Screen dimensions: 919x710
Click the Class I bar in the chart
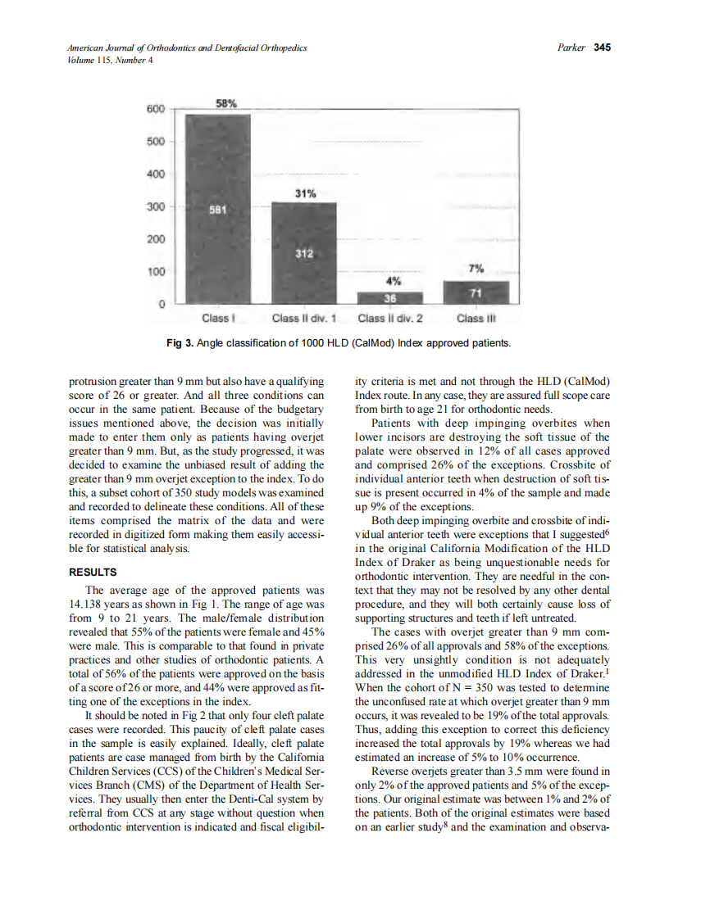(218, 209)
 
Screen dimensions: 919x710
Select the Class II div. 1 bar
(303, 253)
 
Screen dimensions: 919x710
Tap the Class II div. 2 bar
(390, 297)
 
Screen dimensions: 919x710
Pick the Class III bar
(476, 292)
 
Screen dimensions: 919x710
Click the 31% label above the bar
(304, 192)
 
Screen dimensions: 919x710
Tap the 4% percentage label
(391, 280)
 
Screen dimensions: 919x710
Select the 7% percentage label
(476, 269)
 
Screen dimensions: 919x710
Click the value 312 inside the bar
(304, 254)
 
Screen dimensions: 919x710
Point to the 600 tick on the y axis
(156, 109)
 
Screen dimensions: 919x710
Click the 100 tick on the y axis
(156, 271)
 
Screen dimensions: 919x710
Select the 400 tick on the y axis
(156, 174)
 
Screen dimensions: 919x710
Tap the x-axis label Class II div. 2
(390, 319)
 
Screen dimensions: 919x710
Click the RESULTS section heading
(93, 572)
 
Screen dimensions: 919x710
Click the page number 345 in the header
(603, 48)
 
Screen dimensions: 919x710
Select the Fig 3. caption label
(180, 342)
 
